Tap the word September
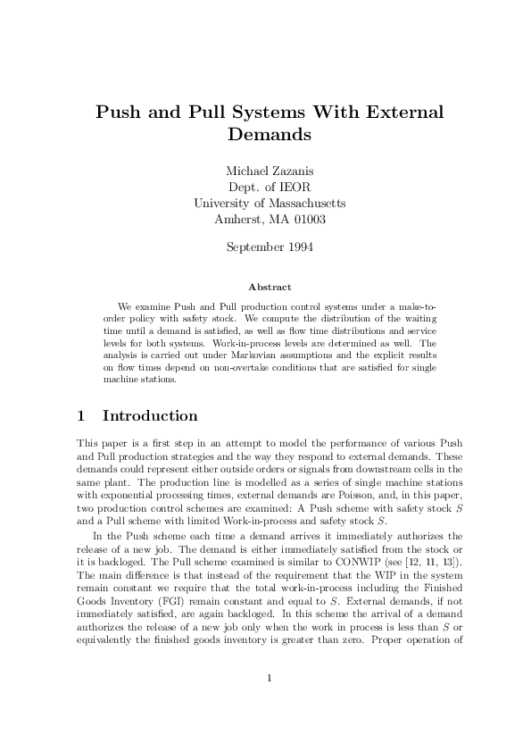click(253, 246)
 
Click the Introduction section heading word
click(150, 416)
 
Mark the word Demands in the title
click(269, 136)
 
